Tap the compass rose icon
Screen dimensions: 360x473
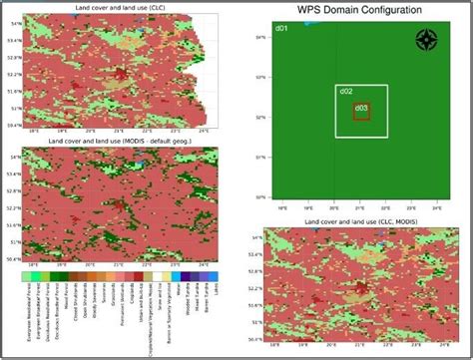(x=426, y=40)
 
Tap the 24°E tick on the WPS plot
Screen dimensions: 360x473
(x=436, y=208)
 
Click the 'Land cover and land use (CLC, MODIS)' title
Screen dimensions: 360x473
(x=360, y=220)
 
